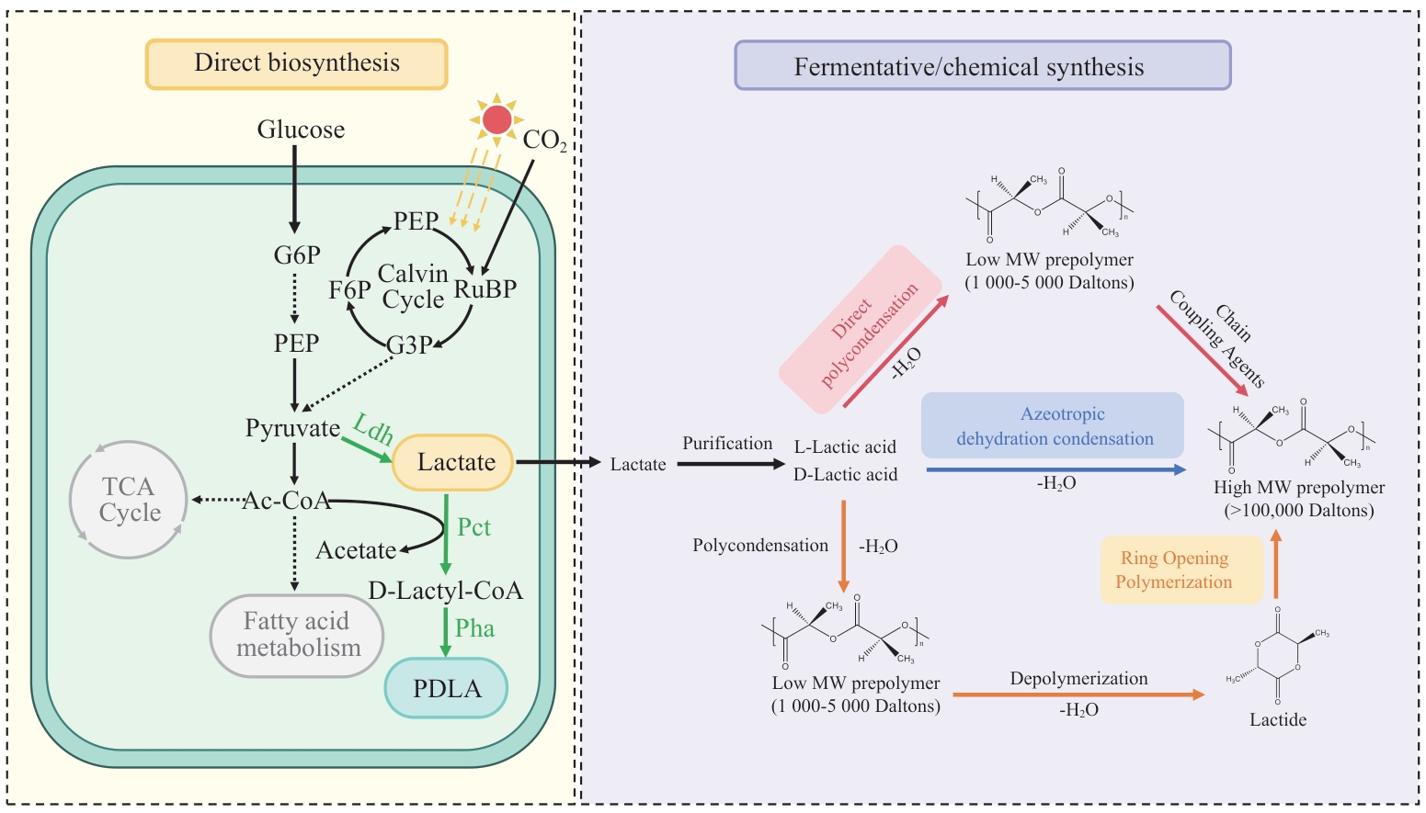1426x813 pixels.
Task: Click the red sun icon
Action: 496,119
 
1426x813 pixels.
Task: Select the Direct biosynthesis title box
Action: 296,64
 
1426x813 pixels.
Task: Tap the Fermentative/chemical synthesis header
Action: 982,66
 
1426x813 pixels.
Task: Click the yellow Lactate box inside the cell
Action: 453,462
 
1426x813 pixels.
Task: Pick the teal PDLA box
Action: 446,688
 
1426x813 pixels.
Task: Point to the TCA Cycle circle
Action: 129,500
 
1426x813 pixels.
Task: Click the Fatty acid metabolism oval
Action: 297,635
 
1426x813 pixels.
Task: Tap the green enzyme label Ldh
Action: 372,429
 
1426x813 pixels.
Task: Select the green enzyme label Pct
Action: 474,527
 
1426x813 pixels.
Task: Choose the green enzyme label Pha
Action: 474,628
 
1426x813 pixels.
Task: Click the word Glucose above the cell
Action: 301,130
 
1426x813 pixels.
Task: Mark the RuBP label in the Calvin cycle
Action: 485,289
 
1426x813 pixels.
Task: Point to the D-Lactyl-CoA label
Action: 445,591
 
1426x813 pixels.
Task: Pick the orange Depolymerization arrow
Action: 1078,694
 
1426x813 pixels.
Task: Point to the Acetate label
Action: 356,550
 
